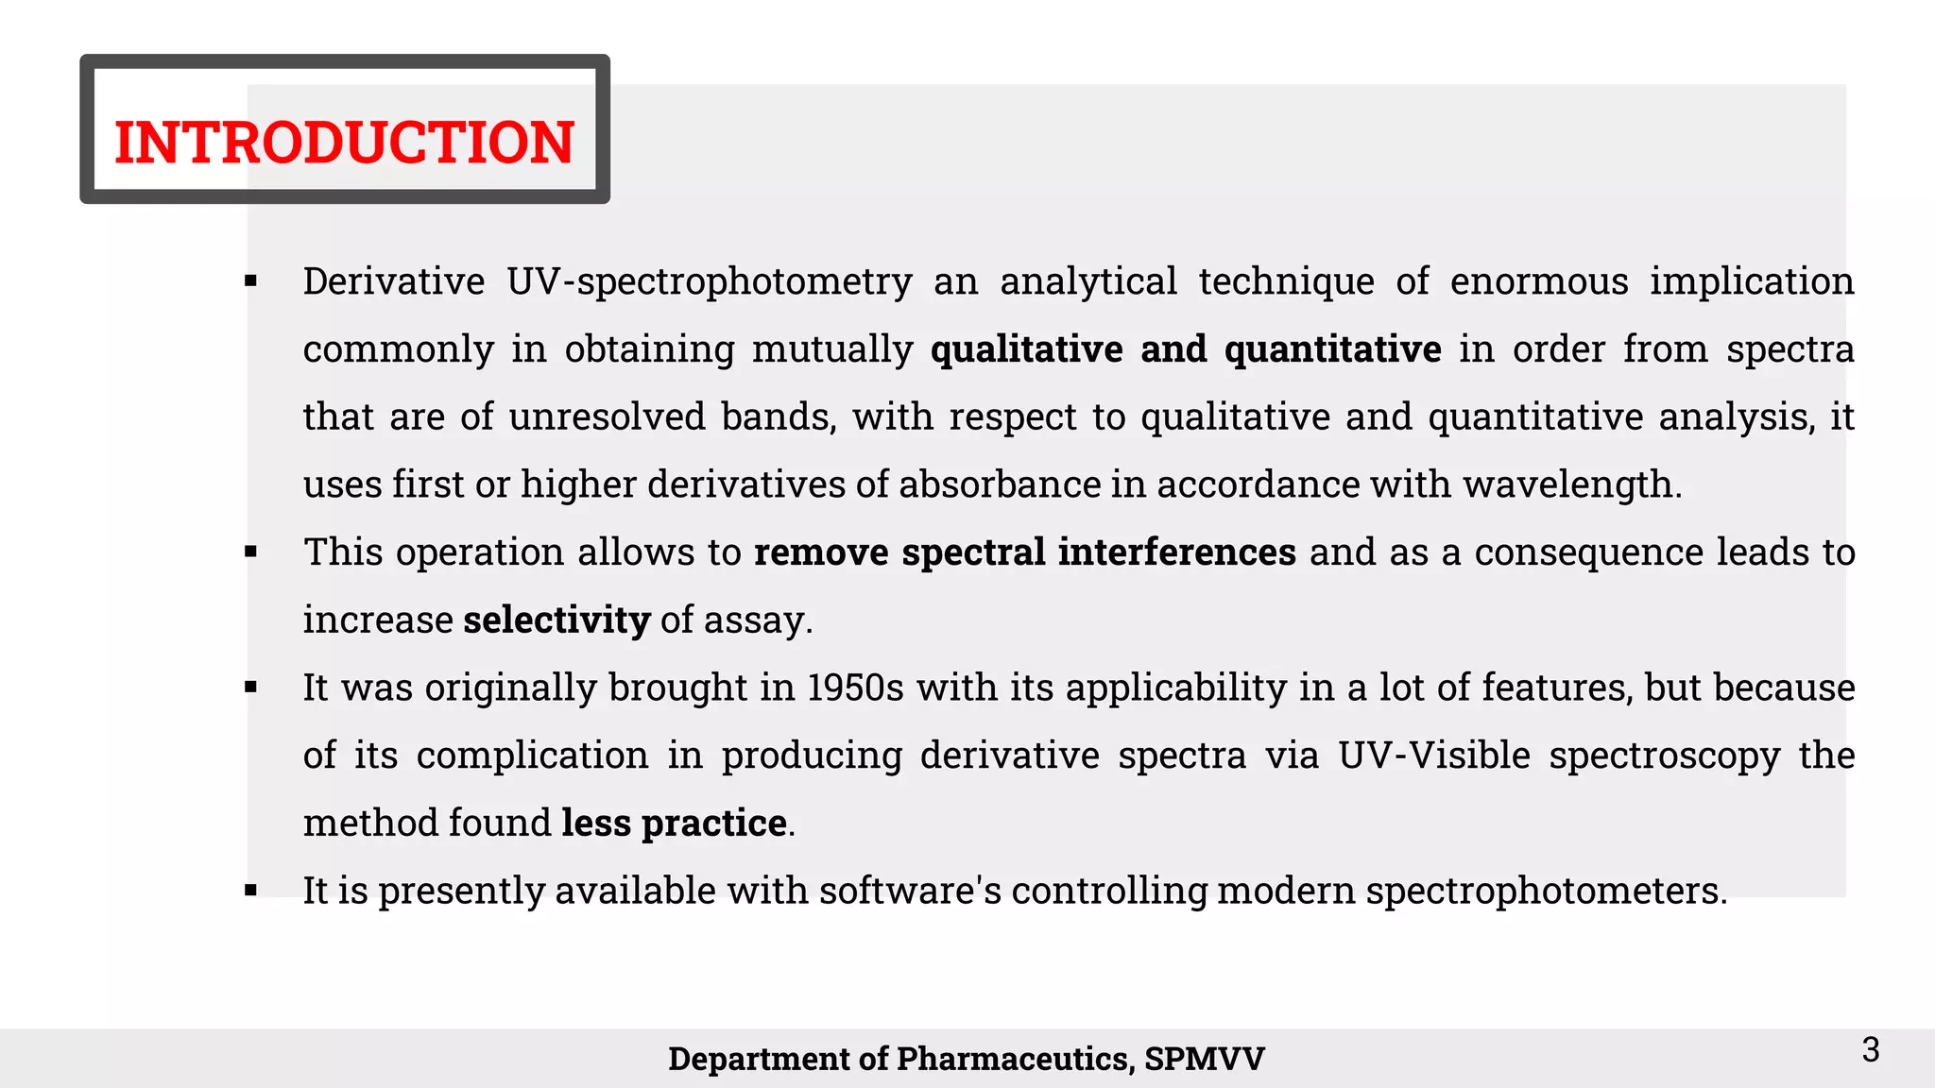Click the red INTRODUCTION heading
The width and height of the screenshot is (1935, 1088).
344,143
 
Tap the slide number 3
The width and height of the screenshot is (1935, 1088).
1870,1049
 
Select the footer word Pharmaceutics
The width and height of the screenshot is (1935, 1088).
1014,1059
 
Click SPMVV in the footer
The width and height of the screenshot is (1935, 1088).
1204,1059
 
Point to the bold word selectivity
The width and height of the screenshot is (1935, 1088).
557,620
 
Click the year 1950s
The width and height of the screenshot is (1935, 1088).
855,688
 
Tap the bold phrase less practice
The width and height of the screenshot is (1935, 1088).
674,823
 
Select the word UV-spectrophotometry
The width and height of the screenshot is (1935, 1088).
709,281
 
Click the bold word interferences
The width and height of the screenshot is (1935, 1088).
1176,552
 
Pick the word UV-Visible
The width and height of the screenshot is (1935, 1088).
1433,756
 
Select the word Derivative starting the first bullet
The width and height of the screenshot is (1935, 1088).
394,281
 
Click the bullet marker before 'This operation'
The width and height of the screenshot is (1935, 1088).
250,552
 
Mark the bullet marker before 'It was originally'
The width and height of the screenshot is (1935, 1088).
250,688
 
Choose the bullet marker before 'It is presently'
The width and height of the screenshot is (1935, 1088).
250,891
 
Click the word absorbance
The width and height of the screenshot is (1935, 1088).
1000,484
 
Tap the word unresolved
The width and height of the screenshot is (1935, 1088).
607,416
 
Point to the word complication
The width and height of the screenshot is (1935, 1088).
532,756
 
